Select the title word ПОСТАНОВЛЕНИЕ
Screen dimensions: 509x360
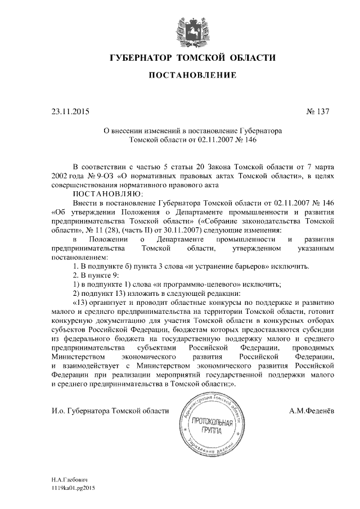[x=192, y=76]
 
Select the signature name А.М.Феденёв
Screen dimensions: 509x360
[x=311, y=411]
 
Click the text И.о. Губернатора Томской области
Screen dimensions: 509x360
[x=110, y=411]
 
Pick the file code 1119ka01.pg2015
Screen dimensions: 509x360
[x=74, y=489]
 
